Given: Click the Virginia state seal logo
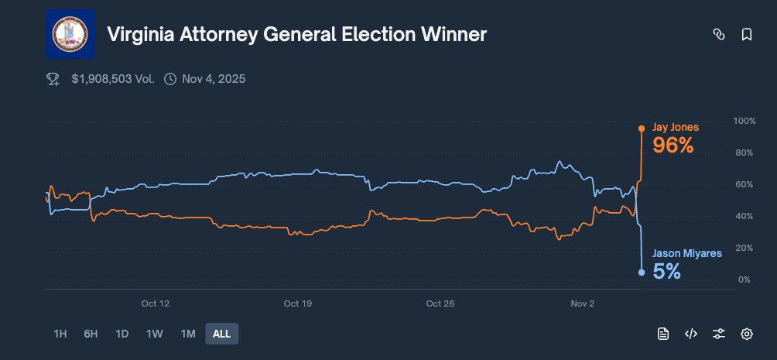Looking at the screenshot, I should [70, 34].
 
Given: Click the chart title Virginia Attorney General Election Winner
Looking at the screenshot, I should [297, 35].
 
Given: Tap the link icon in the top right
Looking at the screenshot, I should [719, 35].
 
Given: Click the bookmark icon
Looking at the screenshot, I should [747, 35].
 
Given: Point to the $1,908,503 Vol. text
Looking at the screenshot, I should [112, 79].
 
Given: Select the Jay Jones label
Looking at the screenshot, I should [676, 127].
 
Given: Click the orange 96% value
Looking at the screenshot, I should [673, 145].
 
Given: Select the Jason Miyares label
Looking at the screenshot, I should [686, 253].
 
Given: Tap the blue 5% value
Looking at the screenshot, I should [666, 271].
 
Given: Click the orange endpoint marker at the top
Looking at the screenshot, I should [641, 128].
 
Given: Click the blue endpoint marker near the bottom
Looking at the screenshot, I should [641, 272].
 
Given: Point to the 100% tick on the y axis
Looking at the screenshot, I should [744, 122].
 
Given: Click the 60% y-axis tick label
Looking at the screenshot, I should [744, 185].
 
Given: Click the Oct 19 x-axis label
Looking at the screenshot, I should [298, 303].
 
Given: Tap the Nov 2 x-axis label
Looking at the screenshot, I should [583, 303].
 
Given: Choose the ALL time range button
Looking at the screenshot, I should [222, 334].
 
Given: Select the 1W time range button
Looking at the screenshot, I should [154, 334].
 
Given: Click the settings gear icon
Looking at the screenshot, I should [747, 334].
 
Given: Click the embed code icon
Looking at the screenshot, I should [691, 334].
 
